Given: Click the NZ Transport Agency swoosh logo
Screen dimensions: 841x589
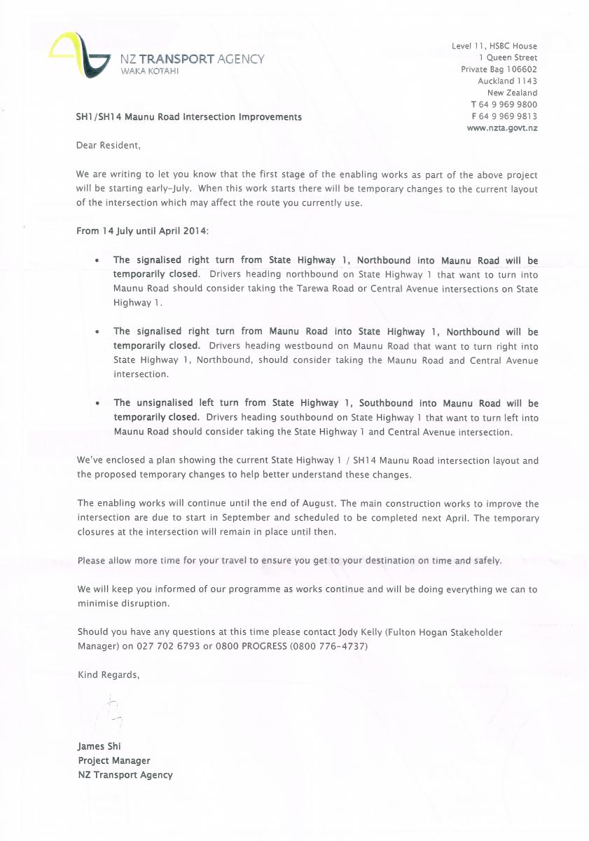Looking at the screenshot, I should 80,55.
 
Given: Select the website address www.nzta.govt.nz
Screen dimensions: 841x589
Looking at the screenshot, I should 501,128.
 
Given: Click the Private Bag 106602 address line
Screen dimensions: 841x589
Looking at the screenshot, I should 499,69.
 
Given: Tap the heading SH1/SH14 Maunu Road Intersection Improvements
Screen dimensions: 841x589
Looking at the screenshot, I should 189,117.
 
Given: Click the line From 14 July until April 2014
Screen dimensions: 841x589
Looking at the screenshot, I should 142,231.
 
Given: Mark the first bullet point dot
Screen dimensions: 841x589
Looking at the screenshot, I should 97,260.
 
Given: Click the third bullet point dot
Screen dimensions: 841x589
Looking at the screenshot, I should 97,403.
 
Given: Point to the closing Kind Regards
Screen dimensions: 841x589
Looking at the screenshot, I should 109,674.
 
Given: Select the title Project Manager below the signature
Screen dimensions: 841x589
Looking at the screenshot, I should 114,760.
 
